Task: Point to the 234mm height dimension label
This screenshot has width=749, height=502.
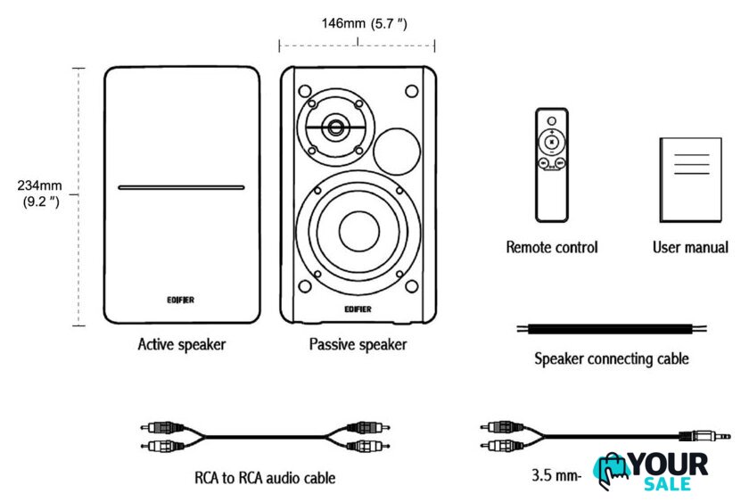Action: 38,193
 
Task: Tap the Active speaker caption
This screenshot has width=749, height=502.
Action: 182,344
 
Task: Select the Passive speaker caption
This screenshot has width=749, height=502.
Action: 358,344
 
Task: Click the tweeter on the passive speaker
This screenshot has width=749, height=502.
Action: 336,127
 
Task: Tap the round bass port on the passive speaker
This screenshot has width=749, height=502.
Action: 395,150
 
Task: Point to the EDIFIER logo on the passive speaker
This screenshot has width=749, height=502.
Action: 358,309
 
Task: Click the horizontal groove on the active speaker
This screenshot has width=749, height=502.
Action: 181,188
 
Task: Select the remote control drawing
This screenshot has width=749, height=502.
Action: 552,164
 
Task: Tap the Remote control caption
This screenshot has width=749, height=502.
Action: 552,247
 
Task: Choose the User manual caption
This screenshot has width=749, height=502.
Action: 690,247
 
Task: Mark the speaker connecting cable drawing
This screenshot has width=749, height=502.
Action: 613,329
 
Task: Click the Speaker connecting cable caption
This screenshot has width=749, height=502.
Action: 612,359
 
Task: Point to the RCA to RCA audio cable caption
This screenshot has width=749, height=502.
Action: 265,478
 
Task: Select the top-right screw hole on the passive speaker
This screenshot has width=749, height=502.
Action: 411,90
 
